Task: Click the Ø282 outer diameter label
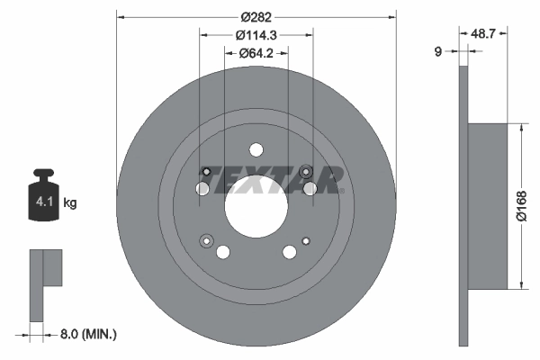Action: pos(256,15)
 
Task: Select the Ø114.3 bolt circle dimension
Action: pos(256,35)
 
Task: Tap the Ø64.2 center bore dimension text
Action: pos(256,54)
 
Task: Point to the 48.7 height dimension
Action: pos(485,32)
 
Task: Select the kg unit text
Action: pos(70,203)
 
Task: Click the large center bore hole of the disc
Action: pos(256,204)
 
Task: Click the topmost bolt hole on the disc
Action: pos(256,150)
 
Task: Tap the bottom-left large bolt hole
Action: pos(224,251)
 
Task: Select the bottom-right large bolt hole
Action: pos(290,253)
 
